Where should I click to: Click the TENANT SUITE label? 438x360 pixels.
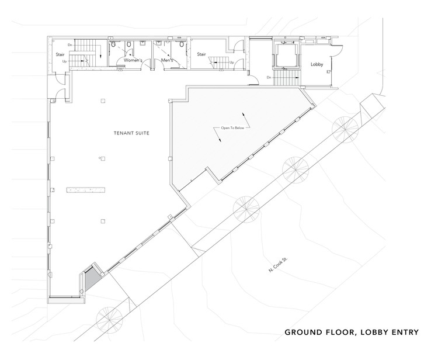[x=131, y=133]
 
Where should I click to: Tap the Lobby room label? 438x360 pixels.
[x=317, y=64]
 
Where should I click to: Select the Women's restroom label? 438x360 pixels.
[x=133, y=60]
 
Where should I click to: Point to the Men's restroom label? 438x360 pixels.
[x=167, y=60]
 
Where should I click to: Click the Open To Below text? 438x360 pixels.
[x=232, y=128]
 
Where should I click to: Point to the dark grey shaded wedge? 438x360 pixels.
[x=90, y=278]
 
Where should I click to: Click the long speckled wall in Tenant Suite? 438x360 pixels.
[x=86, y=190]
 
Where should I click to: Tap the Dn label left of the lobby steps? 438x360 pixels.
[x=269, y=77]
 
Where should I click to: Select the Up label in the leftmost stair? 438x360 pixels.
[x=64, y=61]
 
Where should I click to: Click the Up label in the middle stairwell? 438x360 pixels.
[x=232, y=63]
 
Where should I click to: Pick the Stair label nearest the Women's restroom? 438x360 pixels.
[x=60, y=54]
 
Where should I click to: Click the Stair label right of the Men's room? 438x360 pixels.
[x=201, y=54]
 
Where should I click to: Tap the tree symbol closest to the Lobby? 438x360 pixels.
[x=345, y=130]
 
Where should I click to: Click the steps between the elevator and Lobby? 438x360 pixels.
[x=287, y=77]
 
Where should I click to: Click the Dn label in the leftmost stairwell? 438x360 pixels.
[x=69, y=45]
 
